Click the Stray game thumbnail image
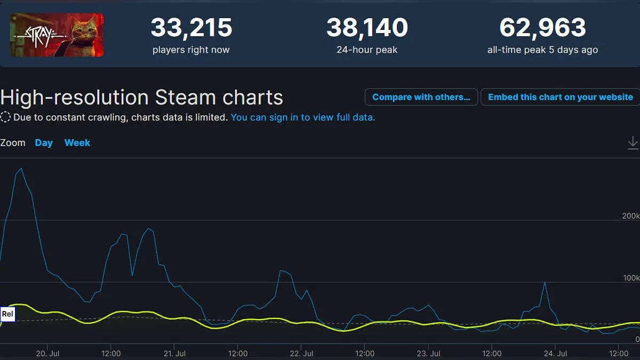[57, 35]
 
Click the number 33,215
[191, 28]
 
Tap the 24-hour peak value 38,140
[367, 28]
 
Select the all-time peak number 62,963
[542, 28]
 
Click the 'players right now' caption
[191, 50]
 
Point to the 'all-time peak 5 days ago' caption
[542, 50]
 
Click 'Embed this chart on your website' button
[560, 97]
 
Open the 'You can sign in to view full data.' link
[303, 117]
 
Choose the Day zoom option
[44, 143]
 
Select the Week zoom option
[77, 143]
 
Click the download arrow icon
[633, 142]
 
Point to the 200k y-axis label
[630, 216]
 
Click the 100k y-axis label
[630, 278]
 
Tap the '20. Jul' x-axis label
[47, 354]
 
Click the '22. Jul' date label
[301, 354]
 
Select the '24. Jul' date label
[555, 354]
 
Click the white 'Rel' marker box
[7, 314]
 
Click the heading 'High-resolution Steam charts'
[142, 98]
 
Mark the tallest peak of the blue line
[21, 169]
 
